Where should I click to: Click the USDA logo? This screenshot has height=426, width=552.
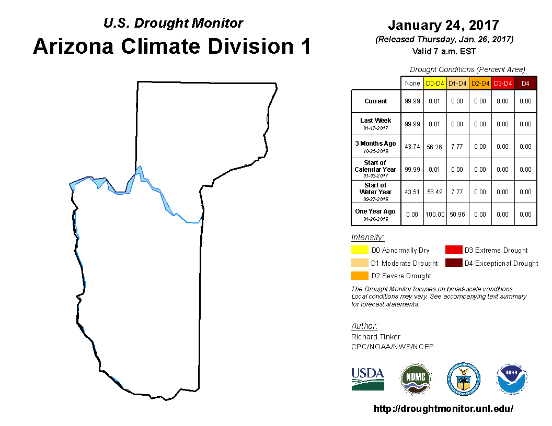click(x=367, y=379)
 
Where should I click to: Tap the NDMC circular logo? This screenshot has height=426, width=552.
click(x=416, y=379)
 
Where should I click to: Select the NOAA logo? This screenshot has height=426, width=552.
click(x=512, y=379)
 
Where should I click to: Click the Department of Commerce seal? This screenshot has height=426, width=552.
click(x=464, y=379)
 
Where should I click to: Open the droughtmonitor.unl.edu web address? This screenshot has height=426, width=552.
click(x=443, y=408)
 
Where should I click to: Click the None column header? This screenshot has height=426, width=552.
click(x=412, y=84)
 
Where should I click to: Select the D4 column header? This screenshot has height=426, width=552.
click(x=525, y=84)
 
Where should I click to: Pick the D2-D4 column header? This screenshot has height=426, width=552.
click(x=480, y=84)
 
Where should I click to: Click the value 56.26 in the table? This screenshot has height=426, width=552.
click(x=434, y=147)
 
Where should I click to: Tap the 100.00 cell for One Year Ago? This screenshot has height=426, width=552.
click(x=435, y=215)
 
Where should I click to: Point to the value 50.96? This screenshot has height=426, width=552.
click(x=457, y=215)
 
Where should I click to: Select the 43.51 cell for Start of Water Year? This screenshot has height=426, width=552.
click(x=412, y=192)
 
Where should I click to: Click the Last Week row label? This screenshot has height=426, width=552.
click(x=376, y=124)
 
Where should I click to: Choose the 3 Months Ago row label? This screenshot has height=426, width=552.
click(x=376, y=147)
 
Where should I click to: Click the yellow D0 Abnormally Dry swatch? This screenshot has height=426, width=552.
click(x=360, y=250)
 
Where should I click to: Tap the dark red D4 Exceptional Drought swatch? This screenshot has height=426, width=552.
click(x=454, y=263)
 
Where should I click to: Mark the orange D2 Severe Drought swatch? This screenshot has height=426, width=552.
click(x=360, y=276)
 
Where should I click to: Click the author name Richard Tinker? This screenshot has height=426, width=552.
click(x=376, y=337)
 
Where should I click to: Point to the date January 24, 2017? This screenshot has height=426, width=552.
click(x=444, y=25)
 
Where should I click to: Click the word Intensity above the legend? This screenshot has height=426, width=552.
click(x=367, y=237)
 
